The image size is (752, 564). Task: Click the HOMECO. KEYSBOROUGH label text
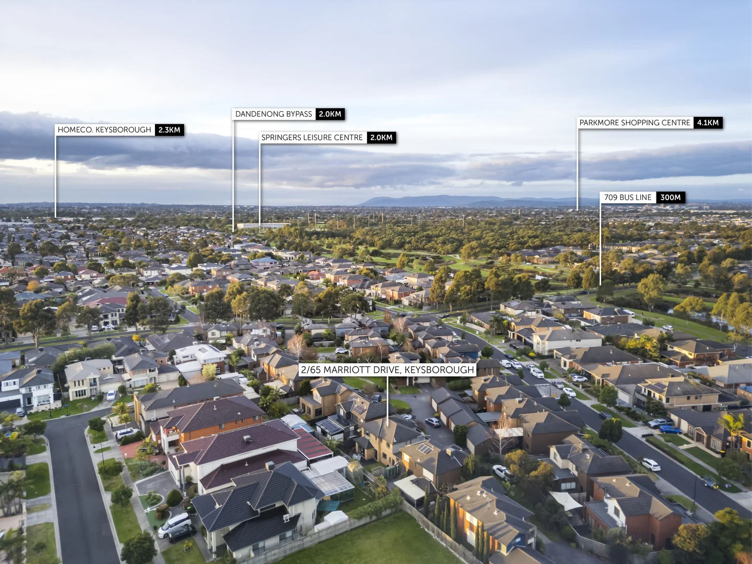[104, 130]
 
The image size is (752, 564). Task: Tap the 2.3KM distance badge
[169, 130]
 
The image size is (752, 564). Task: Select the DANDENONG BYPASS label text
[274, 114]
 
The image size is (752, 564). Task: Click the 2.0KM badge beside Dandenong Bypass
[330, 114]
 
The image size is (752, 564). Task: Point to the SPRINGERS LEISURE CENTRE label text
[312, 137]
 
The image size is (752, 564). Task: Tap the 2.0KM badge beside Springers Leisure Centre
[381, 137]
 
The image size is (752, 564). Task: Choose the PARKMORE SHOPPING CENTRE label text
[634, 123]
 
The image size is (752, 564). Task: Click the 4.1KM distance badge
[708, 123]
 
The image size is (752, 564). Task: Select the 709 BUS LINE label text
[628, 197]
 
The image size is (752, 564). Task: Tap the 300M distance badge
[671, 197]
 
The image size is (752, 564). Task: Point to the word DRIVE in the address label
[385, 370]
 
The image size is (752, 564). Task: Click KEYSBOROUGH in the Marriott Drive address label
[439, 370]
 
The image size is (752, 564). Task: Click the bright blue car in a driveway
[671, 430]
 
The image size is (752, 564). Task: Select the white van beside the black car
[174, 524]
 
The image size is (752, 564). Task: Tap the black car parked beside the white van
[182, 533]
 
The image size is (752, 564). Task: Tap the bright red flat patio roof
[312, 445]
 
